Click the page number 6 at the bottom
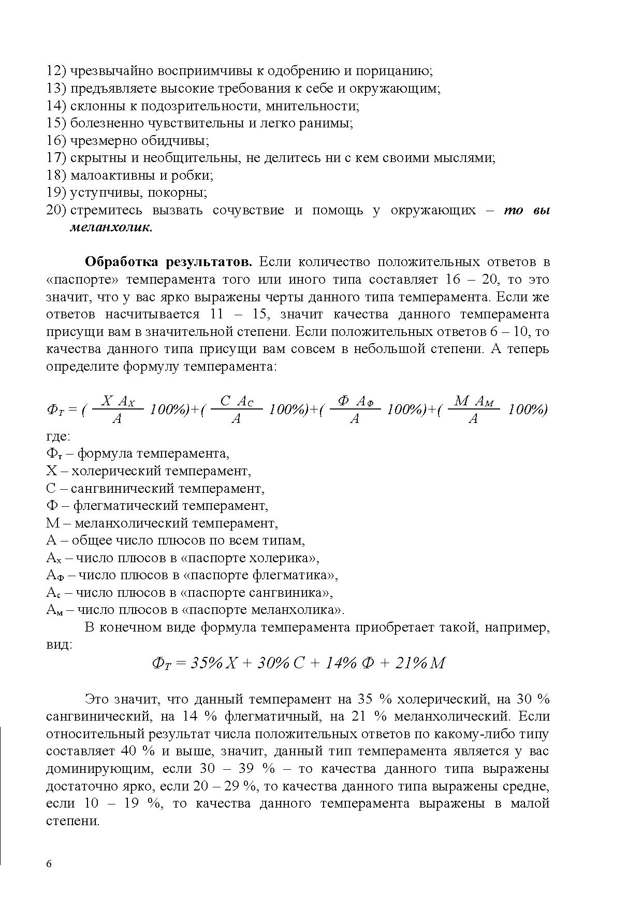[49, 864]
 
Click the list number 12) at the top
[56, 71]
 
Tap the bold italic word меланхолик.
[111, 227]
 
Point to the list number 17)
[56, 158]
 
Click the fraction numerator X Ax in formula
[118, 401]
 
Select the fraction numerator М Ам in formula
[474, 401]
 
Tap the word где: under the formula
[57, 436]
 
